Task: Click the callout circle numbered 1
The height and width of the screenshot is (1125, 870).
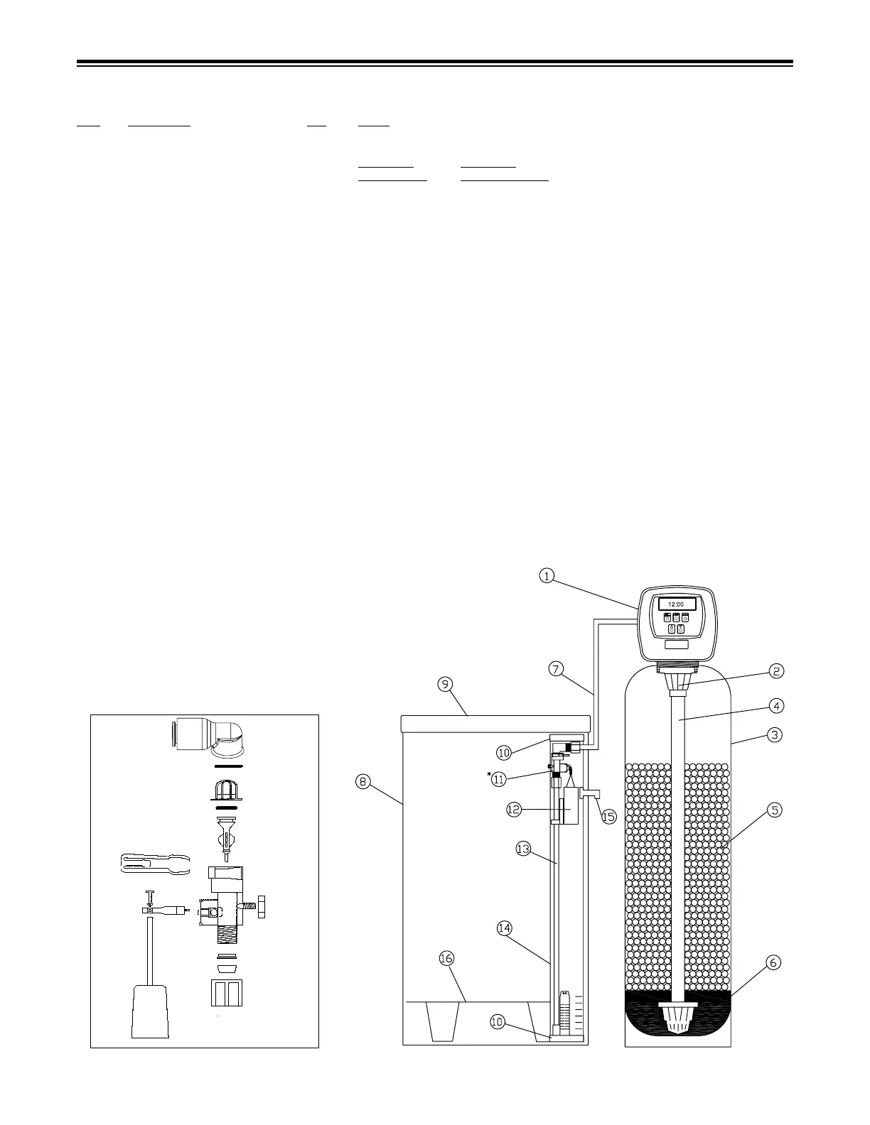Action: point(546,576)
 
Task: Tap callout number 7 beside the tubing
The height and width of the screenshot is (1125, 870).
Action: point(557,668)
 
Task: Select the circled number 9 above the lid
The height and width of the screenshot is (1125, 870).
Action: point(445,684)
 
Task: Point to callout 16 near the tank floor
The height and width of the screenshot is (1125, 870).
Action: point(446,958)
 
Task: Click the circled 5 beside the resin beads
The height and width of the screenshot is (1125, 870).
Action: point(774,809)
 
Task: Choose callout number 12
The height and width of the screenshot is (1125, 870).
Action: point(514,809)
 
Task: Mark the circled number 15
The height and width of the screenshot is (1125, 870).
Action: point(608,816)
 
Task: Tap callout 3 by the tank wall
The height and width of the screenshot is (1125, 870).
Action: point(775,734)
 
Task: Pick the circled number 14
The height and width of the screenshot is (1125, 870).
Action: point(505,928)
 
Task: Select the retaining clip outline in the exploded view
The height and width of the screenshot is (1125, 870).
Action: point(154,863)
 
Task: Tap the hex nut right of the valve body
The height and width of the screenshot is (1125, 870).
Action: point(262,906)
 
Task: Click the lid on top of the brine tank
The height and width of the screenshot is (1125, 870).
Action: point(495,723)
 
